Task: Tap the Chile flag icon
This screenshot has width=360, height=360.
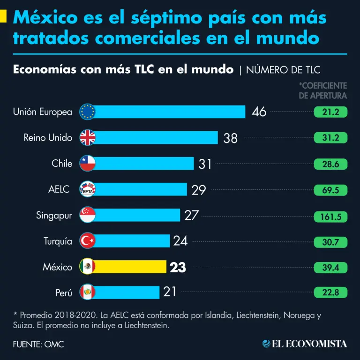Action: click(x=88, y=163)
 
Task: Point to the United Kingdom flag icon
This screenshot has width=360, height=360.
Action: click(x=88, y=137)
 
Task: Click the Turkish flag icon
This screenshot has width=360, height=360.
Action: click(x=88, y=241)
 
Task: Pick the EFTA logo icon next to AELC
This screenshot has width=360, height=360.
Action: click(x=88, y=189)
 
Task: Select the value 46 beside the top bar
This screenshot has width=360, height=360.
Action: click(x=259, y=112)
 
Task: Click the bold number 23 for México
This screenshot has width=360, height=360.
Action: click(x=178, y=267)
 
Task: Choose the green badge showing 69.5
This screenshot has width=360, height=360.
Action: click(x=330, y=190)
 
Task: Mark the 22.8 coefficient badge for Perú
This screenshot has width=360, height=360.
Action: click(x=330, y=292)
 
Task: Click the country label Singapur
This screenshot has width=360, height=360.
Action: click(x=54, y=216)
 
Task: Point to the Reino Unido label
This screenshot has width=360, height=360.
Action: click(x=48, y=138)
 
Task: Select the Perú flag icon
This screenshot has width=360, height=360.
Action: click(x=88, y=292)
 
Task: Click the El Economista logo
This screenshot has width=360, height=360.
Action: click(x=305, y=344)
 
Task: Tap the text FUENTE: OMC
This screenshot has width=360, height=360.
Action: click(x=38, y=344)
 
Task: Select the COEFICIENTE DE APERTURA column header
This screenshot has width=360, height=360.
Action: click(x=323, y=90)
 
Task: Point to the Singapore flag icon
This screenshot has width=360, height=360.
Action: click(x=88, y=215)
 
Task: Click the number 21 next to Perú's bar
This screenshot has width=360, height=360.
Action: click(x=170, y=292)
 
